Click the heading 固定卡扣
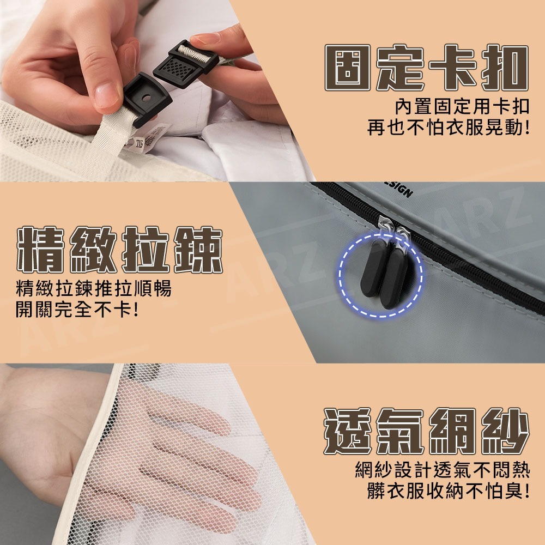[x=427, y=68]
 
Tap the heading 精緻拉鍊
[x=119, y=250]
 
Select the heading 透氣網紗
[x=427, y=431]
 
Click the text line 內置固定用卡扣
[x=462, y=106]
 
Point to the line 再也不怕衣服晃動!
[x=449, y=128]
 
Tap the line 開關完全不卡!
[x=77, y=309]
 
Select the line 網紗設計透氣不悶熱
[x=442, y=470]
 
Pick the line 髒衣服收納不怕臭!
[x=449, y=491]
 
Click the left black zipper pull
[x=374, y=267]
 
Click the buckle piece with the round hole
[x=146, y=99]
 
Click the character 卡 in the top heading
[x=452, y=68]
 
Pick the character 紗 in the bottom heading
[x=505, y=431]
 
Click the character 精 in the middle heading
[x=41, y=250]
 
